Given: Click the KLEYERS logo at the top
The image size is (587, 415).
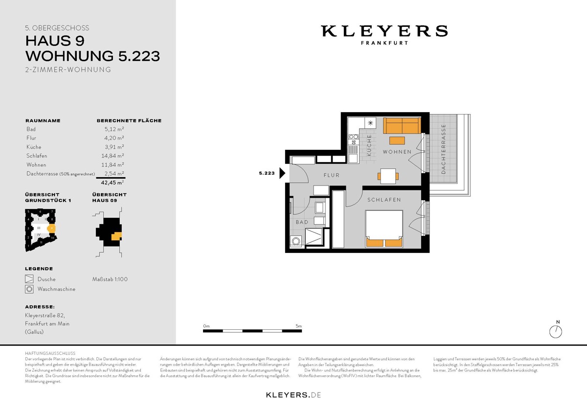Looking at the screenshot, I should tap(384, 31).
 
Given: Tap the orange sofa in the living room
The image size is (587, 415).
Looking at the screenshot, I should tap(401, 126).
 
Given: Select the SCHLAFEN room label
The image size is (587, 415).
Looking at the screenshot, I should tap(384, 200).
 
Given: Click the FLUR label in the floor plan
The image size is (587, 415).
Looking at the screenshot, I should tap(331, 175).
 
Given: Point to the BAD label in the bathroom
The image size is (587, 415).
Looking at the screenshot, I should tap(302, 222).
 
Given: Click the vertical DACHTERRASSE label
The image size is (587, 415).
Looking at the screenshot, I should tap(444, 149).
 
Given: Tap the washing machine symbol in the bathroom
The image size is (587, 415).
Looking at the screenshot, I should tap(296, 241).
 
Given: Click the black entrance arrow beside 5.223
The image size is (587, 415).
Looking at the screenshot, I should tap(282, 173).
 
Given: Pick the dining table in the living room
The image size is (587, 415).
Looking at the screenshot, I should tap(388, 176).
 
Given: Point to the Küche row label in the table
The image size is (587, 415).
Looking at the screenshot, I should tap(34, 147).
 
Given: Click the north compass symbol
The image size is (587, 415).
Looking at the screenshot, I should tap(556, 332).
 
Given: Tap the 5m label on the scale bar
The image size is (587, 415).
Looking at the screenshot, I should tap(298, 325).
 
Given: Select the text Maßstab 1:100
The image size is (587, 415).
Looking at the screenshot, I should tap(110, 279).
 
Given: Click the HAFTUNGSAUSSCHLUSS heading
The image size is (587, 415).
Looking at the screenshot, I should tap(50, 353).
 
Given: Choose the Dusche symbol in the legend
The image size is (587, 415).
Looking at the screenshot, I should tap(29, 279).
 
